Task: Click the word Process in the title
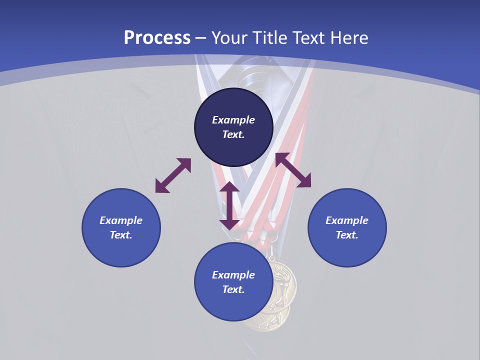[157, 37]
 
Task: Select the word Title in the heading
[270, 37]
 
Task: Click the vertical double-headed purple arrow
[229, 205]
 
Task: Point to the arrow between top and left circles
[173, 175]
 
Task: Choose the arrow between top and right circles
[293, 170]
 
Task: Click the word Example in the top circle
[233, 120]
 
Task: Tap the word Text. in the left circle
[121, 235]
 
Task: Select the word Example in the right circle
[347, 220]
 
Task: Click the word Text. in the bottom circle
[233, 289]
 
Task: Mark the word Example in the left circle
[121, 220]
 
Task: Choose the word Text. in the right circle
[347, 235]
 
